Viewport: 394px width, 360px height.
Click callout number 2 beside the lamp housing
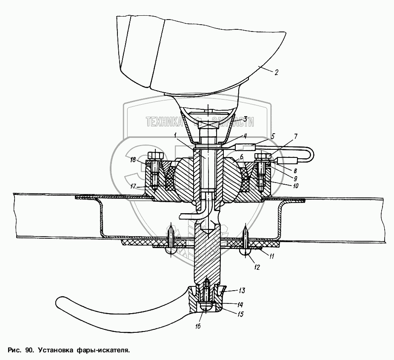[276, 72]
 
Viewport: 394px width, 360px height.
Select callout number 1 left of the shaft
[175, 135]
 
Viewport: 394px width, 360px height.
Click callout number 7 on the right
[295, 136]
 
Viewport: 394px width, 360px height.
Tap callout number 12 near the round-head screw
[257, 267]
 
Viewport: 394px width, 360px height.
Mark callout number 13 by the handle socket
[241, 291]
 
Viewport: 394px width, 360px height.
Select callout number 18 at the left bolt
[133, 160]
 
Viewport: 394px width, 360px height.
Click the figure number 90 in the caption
[29, 351]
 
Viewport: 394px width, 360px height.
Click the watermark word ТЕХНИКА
[164, 122]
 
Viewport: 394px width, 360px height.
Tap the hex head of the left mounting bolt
[154, 156]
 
